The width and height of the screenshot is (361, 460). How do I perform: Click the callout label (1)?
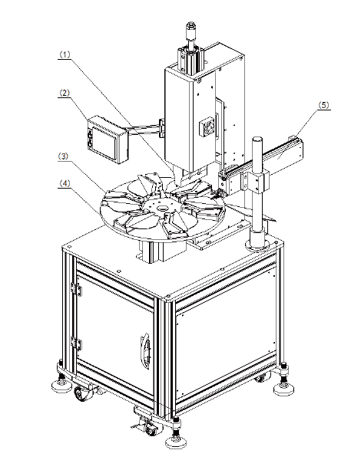[65, 54]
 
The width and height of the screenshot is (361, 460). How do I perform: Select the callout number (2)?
[65, 93]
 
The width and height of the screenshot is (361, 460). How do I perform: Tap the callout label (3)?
[63, 156]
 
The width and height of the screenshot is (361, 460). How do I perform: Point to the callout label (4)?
[65, 183]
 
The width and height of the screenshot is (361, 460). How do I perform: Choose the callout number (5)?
[324, 105]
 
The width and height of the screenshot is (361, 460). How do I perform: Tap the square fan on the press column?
[207, 127]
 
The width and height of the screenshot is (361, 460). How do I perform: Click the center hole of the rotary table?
[162, 209]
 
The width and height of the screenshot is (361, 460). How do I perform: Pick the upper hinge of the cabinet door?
[77, 288]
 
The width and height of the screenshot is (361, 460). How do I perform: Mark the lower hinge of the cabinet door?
[77, 343]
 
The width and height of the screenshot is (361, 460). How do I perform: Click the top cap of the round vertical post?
[257, 140]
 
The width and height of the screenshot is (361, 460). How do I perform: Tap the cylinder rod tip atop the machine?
[190, 28]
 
